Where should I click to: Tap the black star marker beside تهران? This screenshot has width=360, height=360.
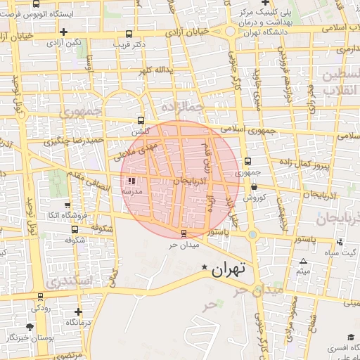(x=205, y=268)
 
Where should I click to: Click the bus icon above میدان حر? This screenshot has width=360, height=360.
(x=184, y=233)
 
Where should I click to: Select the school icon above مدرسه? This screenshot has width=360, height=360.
(x=133, y=181)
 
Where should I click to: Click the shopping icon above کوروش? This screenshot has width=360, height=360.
(x=254, y=187)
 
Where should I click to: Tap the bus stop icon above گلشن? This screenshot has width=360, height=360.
(x=141, y=120)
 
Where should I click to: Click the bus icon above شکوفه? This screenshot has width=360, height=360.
(x=75, y=229)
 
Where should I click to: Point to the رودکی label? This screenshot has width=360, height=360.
(x=40, y=308)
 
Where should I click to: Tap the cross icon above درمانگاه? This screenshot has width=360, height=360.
(x=78, y=311)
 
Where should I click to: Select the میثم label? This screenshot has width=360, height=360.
(x=303, y=271)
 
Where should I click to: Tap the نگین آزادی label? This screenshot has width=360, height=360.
(x=64, y=43)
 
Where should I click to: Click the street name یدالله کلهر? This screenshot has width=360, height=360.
(x=155, y=71)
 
